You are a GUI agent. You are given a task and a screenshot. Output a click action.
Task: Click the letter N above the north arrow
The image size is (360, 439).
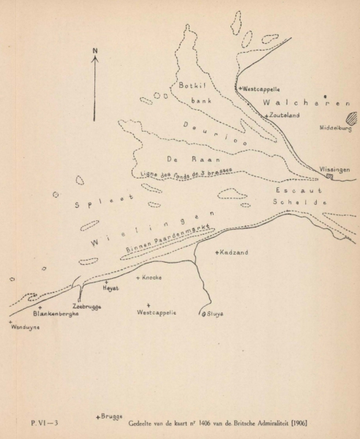pos(95,50)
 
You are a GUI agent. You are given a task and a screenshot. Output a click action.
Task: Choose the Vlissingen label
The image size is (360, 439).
pos(334,169)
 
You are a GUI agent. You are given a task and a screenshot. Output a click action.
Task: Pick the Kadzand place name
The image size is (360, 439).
pos(234,252)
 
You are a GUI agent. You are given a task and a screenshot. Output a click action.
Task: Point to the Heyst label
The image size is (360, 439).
pos(111,288)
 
